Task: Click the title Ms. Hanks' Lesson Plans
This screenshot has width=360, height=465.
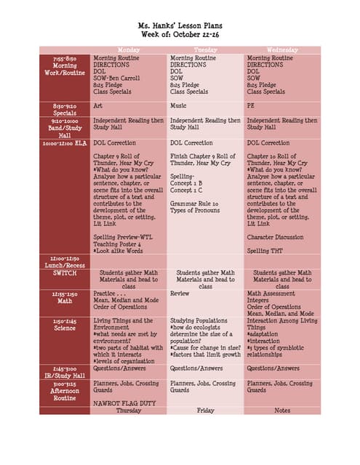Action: click(x=180, y=25)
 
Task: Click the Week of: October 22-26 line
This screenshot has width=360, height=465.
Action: click(x=180, y=36)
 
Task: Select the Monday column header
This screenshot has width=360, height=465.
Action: click(x=129, y=50)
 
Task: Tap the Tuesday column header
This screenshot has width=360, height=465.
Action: click(x=206, y=50)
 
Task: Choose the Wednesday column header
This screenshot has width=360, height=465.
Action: click(x=282, y=50)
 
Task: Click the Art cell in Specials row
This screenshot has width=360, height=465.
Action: click(x=98, y=105)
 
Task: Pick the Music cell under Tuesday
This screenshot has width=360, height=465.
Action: click(x=178, y=105)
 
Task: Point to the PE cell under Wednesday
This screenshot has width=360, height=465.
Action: click(x=252, y=105)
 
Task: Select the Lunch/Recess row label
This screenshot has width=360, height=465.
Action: click(x=65, y=262)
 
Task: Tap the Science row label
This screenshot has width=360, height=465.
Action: click(x=65, y=328)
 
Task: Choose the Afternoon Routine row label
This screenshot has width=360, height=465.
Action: click(x=65, y=392)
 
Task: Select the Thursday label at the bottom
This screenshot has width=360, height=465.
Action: click(x=129, y=410)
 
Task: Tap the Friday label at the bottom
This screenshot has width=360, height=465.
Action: click(x=206, y=410)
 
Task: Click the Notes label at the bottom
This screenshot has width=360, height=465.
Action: click(x=282, y=410)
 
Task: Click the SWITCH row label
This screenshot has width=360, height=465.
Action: click(x=65, y=272)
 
